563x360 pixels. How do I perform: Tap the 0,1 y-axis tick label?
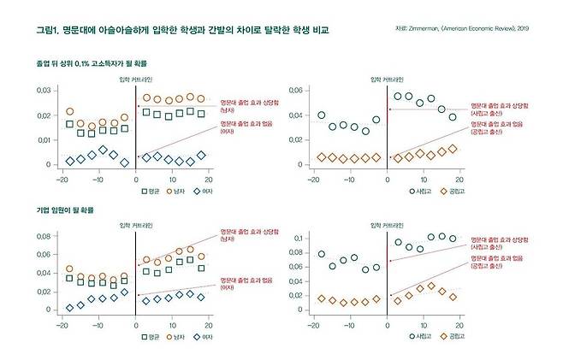click(299, 237)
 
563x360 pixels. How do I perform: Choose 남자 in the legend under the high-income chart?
click(181, 192)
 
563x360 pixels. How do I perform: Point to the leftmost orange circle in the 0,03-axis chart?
click(70, 112)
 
